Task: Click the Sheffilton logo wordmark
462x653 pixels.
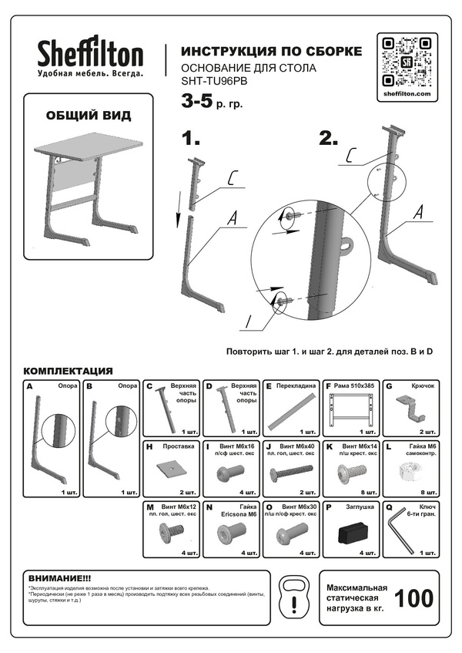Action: [91, 56]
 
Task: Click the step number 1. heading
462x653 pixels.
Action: [190, 139]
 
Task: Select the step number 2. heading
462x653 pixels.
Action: [329, 139]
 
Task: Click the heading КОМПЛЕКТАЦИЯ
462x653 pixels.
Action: [69, 370]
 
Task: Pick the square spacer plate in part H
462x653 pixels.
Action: [168, 467]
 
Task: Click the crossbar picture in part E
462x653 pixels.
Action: [290, 409]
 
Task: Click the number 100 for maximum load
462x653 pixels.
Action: [413, 597]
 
